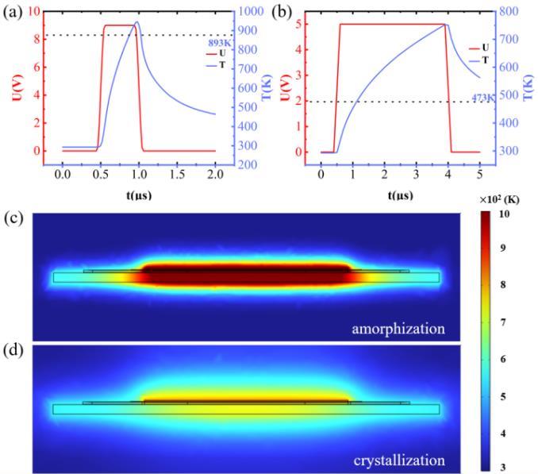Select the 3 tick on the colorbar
[503, 467]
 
